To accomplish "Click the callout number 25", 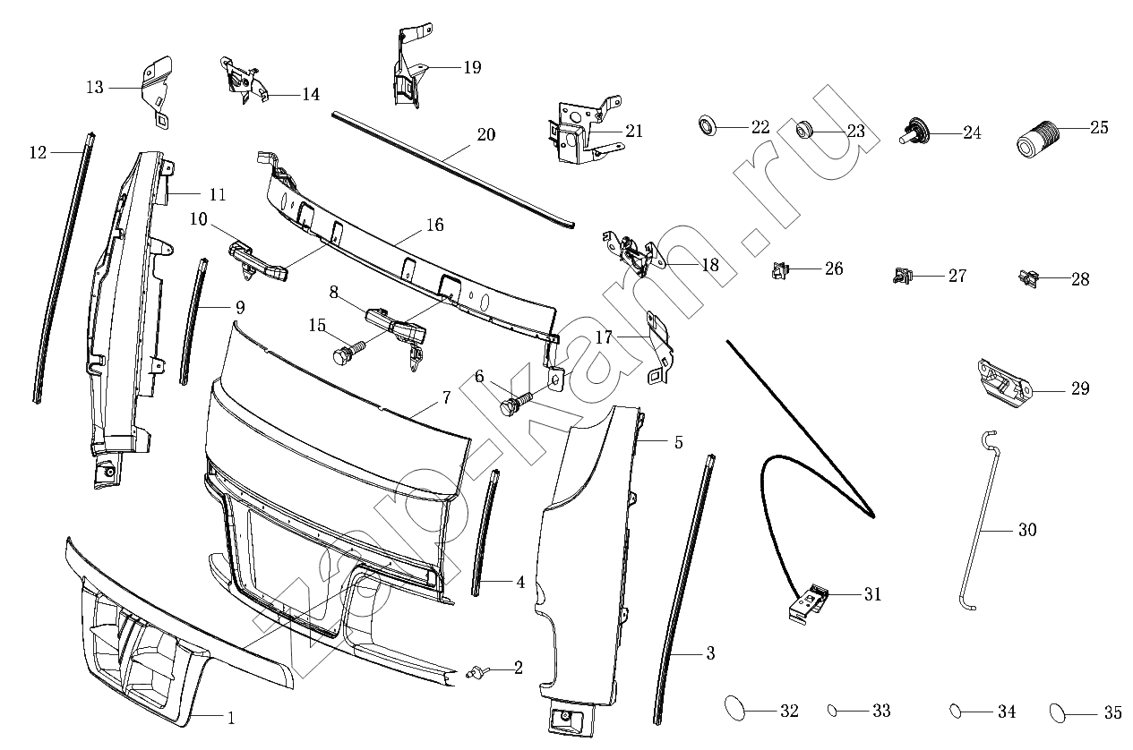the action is coord(1099,127).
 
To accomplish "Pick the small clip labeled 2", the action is coord(476,673).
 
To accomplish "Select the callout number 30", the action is coord(1027,530).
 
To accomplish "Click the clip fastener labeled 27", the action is coord(902,276).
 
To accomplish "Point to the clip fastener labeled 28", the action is coord(1028,278).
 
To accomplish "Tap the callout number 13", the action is coord(95,88).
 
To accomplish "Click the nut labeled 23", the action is coord(804,130).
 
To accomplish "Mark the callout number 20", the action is coord(486,135).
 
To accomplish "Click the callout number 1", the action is coord(231,718).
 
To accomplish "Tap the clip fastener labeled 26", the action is coord(779,270).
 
